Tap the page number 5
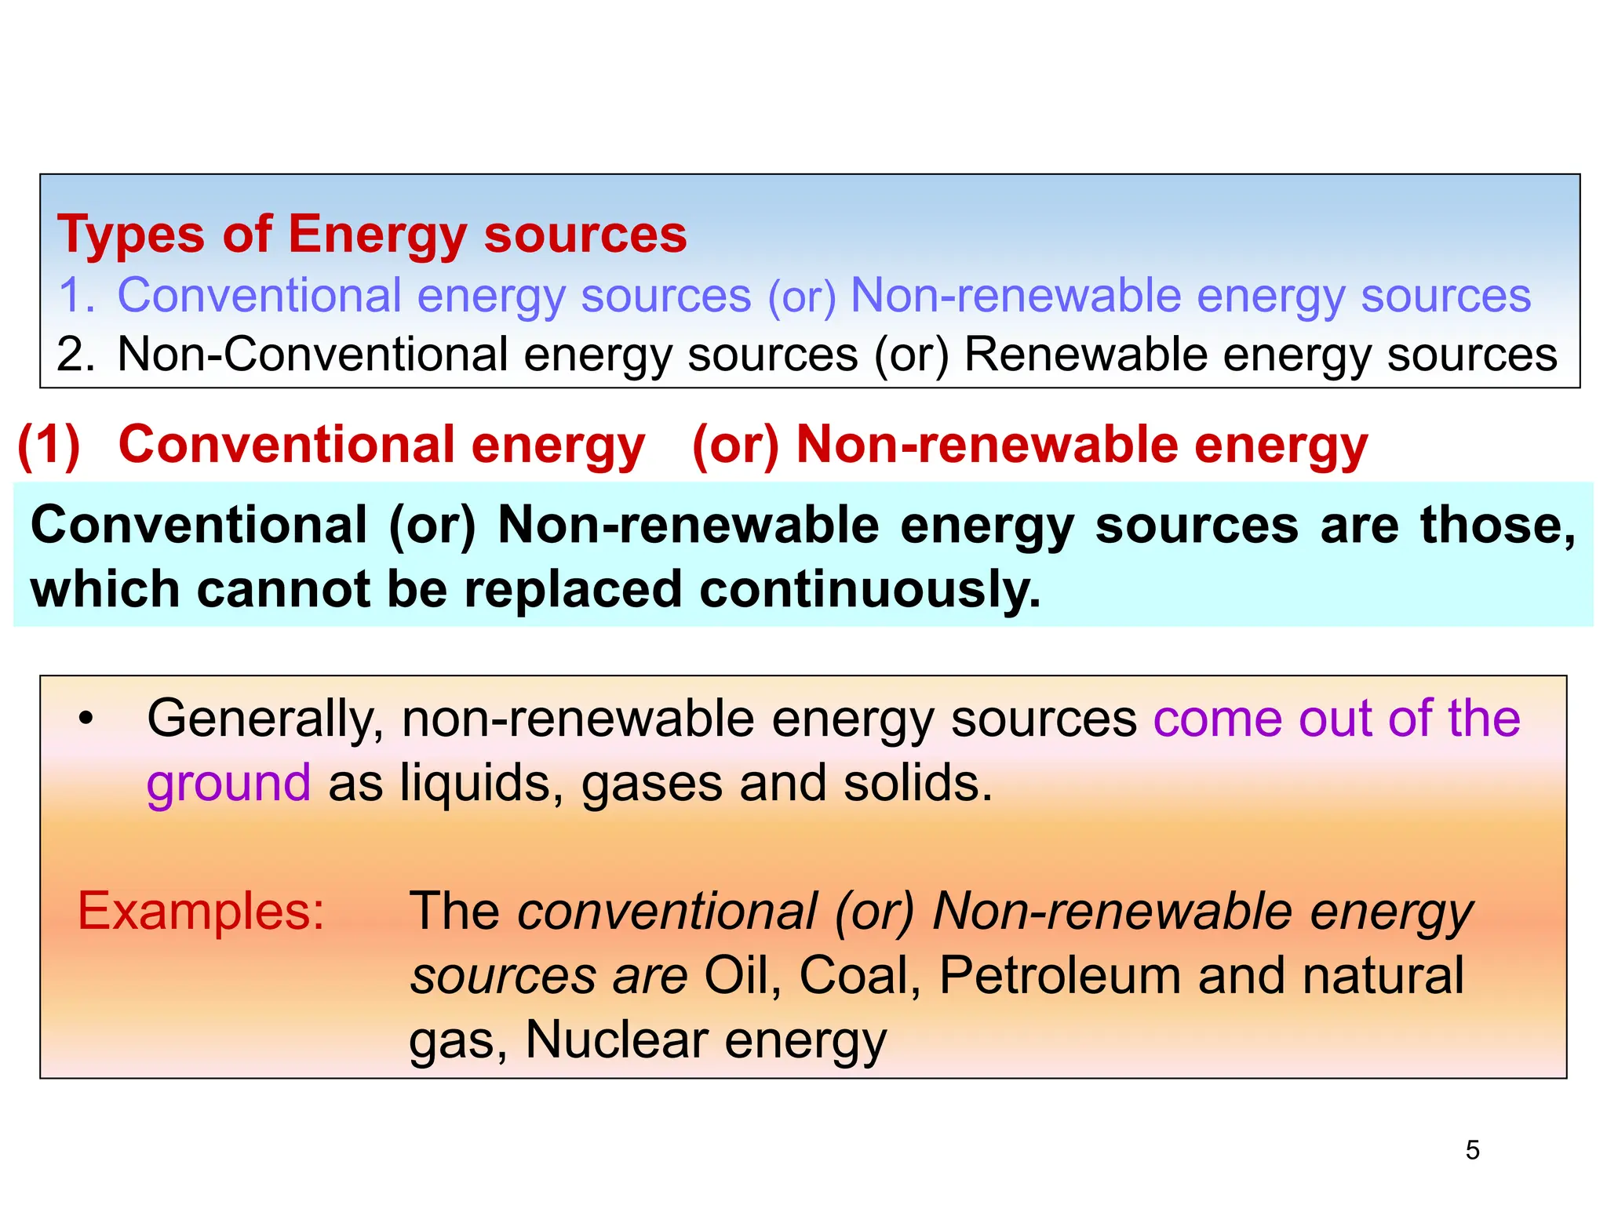(x=1472, y=1150)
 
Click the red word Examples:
(x=201, y=912)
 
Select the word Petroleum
(x=1060, y=976)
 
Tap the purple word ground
(x=228, y=785)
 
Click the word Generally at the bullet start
(x=264, y=719)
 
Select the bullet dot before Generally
(x=86, y=718)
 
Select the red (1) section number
(x=49, y=446)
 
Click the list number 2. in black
(x=76, y=355)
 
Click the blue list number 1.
(x=77, y=296)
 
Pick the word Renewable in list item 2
(x=1085, y=355)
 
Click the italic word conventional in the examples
(x=667, y=912)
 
